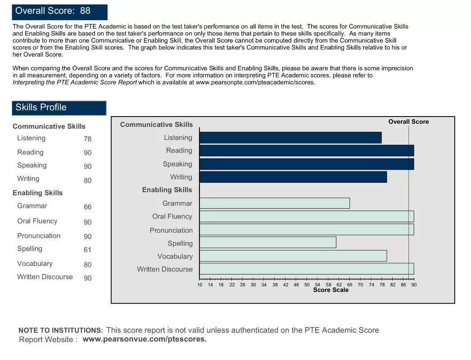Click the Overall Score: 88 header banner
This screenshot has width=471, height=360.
[59, 12]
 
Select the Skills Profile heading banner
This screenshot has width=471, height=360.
[59, 108]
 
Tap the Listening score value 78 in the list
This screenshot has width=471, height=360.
[87, 139]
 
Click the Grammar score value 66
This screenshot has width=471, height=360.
[87, 207]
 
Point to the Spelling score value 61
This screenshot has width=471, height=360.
[87, 250]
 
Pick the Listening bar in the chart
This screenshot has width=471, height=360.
[290, 138]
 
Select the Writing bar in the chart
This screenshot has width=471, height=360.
[293, 177]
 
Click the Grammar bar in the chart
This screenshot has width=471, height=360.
[274, 203]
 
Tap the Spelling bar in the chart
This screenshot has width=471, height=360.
[267, 243]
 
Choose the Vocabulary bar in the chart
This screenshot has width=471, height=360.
[293, 256]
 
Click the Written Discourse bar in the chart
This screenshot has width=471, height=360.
[306, 269]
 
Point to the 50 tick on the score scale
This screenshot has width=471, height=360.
[307, 284]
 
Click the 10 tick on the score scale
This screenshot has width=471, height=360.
[200, 284]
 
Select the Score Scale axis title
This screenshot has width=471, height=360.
[331, 290]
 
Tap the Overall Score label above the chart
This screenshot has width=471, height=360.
[408, 122]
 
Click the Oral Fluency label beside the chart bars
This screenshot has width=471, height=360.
[172, 216]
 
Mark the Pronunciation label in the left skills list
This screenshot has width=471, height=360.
[39, 236]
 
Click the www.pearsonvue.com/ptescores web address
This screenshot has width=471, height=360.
[145, 339]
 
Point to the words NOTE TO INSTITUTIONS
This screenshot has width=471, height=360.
[60, 330]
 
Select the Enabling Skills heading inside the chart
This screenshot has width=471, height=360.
[167, 190]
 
